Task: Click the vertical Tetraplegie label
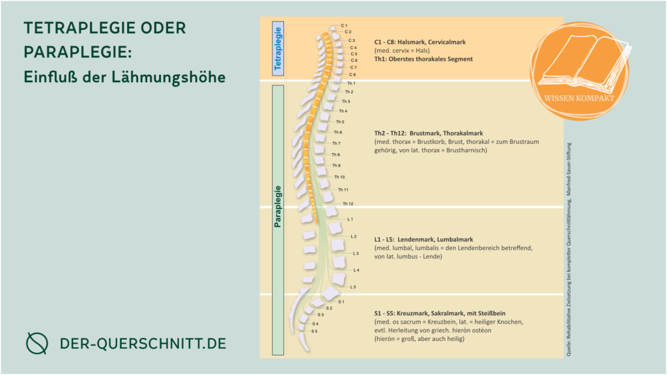[x=277, y=48]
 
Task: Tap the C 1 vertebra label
[x=344, y=25]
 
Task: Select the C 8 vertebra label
[x=352, y=75]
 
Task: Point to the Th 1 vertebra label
[x=351, y=83]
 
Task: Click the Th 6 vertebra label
[x=338, y=132]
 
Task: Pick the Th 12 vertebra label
[x=348, y=204]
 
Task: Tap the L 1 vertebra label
[x=350, y=219]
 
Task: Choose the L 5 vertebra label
[x=353, y=286]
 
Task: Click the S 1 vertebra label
[x=341, y=301]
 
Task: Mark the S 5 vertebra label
[x=315, y=331]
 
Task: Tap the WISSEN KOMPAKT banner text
[x=582, y=100]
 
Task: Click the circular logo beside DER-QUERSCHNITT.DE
[x=36, y=342]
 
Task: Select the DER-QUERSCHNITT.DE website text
[x=143, y=343]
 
